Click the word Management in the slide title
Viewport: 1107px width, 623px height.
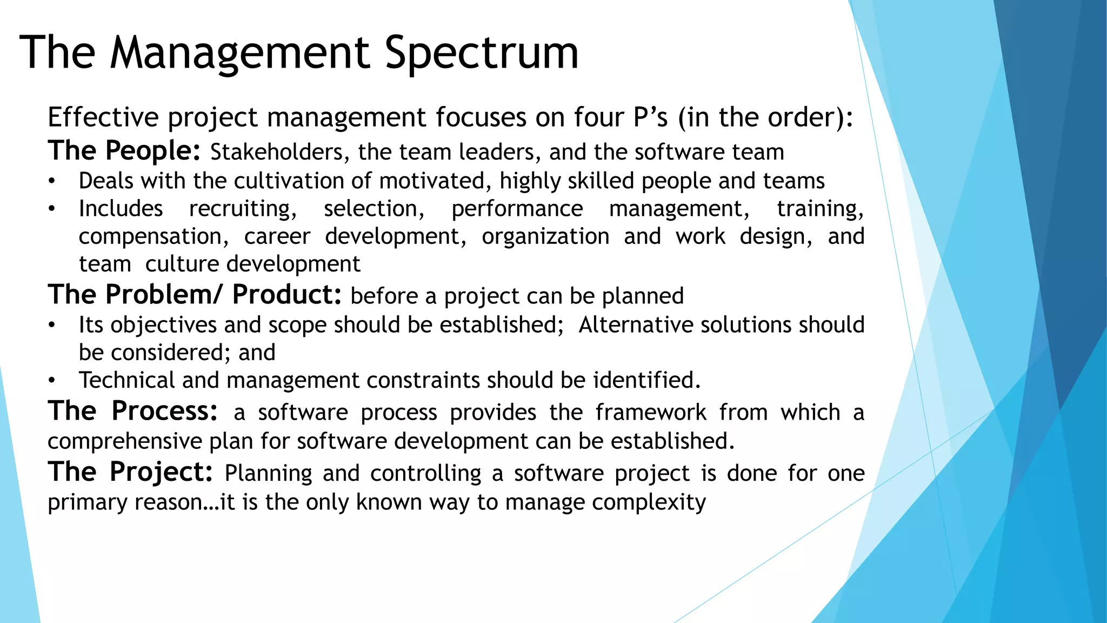pos(240,53)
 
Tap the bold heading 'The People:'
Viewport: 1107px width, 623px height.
pos(124,151)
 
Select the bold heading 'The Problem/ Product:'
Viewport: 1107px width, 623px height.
pos(195,295)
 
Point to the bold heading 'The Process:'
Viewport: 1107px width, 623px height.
pos(133,411)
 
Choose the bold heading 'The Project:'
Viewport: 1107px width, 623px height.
pos(130,472)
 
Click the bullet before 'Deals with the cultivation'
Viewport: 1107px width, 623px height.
pos(51,182)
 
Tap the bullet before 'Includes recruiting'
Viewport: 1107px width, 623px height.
pos(51,209)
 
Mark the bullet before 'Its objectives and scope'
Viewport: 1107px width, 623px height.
pos(51,326)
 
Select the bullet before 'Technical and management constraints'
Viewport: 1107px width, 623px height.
pos(51,381)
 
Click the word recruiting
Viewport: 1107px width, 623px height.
pos(243,209)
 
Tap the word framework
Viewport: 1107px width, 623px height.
pos(651,413)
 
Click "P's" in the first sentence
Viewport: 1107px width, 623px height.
pos(651,117)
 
